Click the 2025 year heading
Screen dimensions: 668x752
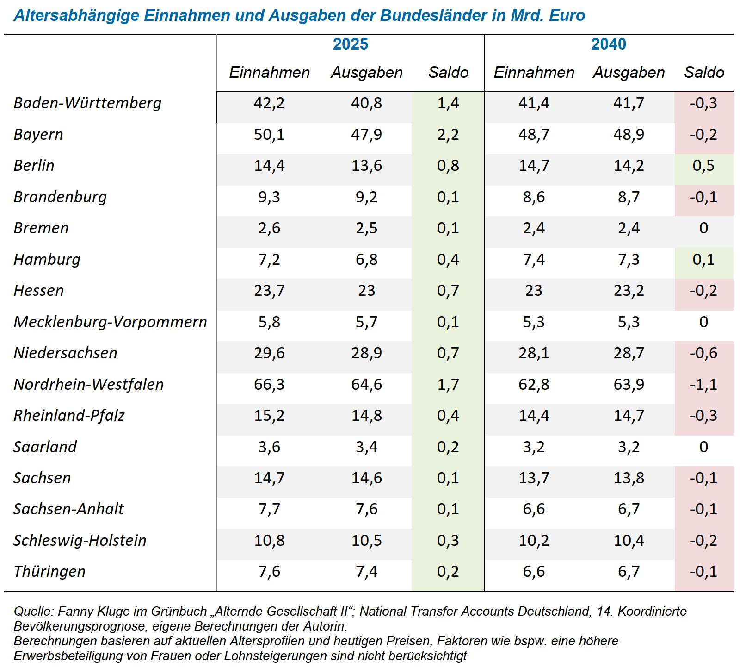tap(350, 44)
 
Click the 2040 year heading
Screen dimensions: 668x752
tap(608, 44)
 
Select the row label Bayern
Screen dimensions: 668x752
tap(38, 135)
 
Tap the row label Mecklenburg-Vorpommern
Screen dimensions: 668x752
tap(110, 322)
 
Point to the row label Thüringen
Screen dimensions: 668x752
tap(49, 572)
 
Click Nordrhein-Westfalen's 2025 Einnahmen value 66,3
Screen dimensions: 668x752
tap(269, 385)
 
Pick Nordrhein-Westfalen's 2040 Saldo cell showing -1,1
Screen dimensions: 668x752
tap(703, 385)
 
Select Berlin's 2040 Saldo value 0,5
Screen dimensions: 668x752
tap(703, 166)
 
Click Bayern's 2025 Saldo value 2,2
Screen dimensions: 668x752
tap(448, 135)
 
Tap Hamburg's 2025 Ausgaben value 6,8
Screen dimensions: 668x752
tap(366, 260)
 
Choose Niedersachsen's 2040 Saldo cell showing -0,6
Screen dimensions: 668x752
tap(703, 353)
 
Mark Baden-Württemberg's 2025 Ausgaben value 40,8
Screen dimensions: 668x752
tap(366, 103)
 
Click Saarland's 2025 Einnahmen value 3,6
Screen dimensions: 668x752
tap(269, 447)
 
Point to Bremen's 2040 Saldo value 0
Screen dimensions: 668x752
tap(703, 228)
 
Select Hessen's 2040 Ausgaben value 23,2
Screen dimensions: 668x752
tap(629, 291)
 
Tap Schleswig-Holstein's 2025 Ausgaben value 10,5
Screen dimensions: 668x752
tap(366, 541)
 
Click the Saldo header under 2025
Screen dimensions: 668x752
tap(448, 73)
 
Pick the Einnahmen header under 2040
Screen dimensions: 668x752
tap(534, 73)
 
